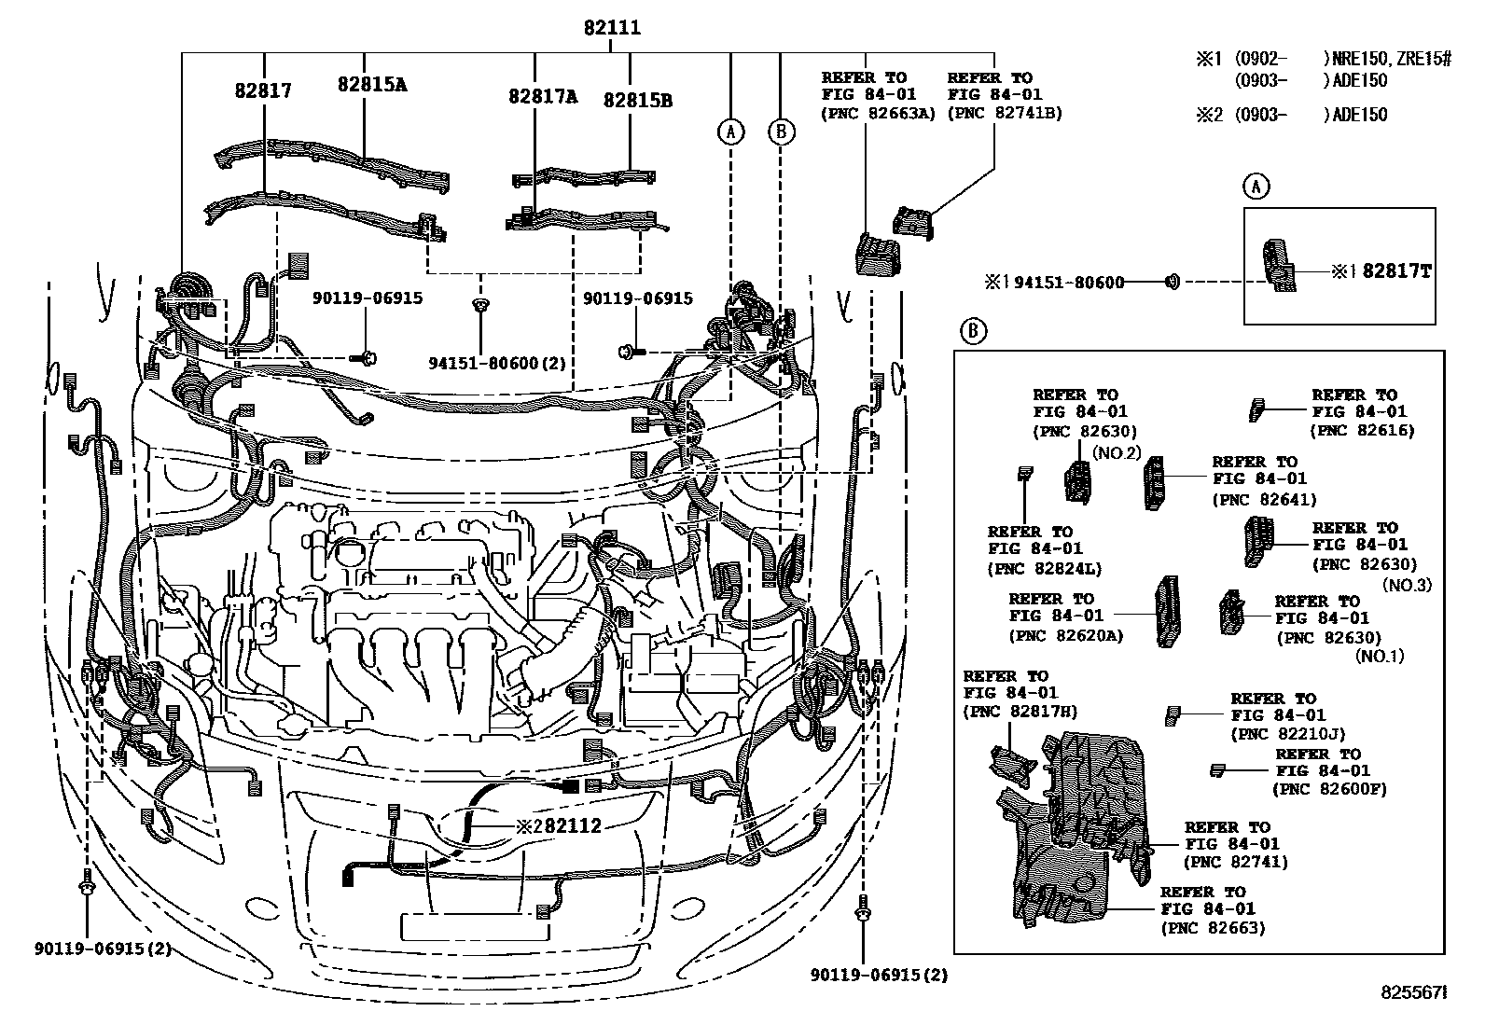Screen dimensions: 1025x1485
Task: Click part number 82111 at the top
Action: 612,28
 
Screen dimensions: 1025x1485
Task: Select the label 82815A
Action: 372,85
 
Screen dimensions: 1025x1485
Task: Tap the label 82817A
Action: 542,96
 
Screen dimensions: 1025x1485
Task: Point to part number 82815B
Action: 637,100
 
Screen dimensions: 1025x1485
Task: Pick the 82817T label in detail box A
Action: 1396,271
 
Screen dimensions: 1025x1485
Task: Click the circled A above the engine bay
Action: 730,132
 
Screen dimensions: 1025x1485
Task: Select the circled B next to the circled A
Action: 782,132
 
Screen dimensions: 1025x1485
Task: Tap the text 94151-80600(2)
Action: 484,362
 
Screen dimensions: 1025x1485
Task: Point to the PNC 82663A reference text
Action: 878,114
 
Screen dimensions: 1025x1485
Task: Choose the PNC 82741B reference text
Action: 1005,113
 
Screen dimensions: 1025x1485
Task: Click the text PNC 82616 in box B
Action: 1362,430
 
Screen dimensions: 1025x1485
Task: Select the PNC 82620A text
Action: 1065,636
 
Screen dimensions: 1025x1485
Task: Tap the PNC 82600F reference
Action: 1329,788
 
